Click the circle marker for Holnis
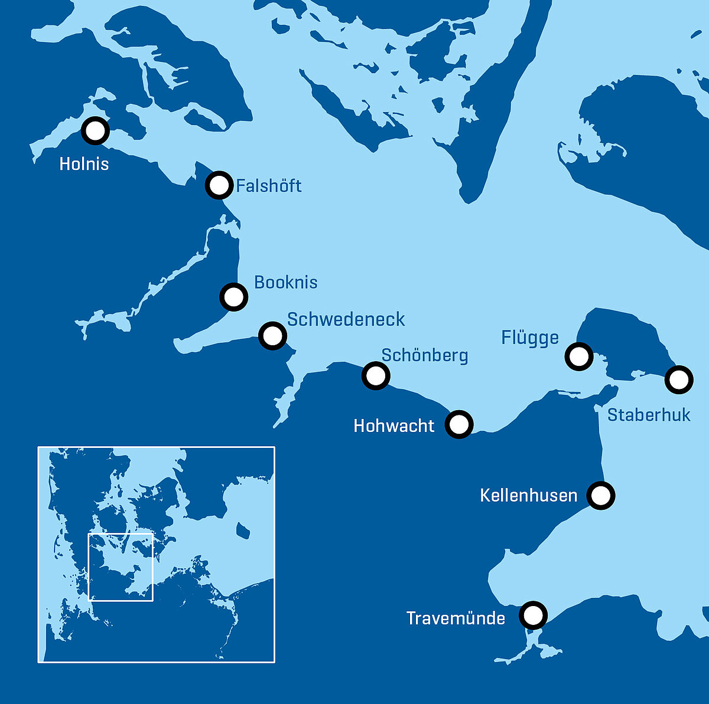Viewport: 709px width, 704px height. (95, 130)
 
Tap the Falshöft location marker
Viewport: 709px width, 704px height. (219, 185)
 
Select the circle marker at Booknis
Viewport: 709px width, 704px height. (233, 296)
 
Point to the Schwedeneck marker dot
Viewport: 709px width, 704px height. (272, 336)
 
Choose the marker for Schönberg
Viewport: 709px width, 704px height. (376, 375)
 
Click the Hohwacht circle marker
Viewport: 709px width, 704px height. (459, 424)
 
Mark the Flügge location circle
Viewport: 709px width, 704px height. (578, 356)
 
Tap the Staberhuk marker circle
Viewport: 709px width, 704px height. (678, 379)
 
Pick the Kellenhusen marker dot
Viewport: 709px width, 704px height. (601, 495)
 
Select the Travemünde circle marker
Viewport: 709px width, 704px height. (533, 616)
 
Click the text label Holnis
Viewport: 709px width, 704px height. (84, 164)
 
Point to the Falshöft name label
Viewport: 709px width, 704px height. (269, 186)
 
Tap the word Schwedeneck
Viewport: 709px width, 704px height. (346, 319)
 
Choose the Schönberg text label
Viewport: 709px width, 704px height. (424, 355)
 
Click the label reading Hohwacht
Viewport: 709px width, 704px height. (393, 425)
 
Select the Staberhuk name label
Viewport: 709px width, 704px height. (649, 415)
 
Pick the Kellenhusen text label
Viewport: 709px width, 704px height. (528, 495)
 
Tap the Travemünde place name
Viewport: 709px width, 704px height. (456, 618)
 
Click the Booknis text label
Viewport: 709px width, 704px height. (285, 282)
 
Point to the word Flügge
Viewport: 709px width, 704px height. (530, 338)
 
